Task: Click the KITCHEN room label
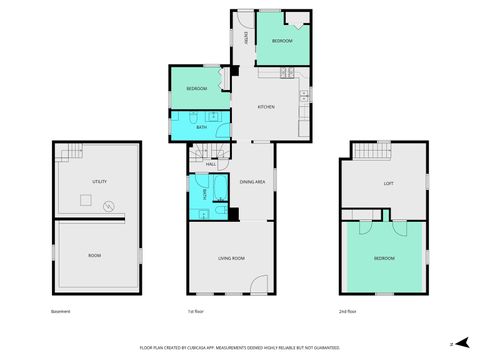pyautogui.click(x=266, y=107)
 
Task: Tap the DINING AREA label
pyautogui.click(x=252, y=182)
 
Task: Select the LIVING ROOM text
pyautogui.click(x=233, y=258)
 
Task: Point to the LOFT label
pyautogui.click(x=389, y=183)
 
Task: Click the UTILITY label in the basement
pyautogui.click(x=99, y=181)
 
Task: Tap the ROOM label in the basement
pyautogui.click(x=95, y=256)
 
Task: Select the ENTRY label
pyautogui.click(x=245, y=37)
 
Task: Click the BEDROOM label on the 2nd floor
pyautogui.click(x=384, y=258)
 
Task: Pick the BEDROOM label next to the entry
pyautogui.click(x=282, y=41)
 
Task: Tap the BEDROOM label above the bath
pyautogui.click(x=196, y=90)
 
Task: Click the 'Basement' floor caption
pyautogui.click(x=60, y=312)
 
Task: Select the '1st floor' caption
pyautogui.click(x=196, y=312)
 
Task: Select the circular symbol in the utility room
pyautogui.click(x=108, y=208)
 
